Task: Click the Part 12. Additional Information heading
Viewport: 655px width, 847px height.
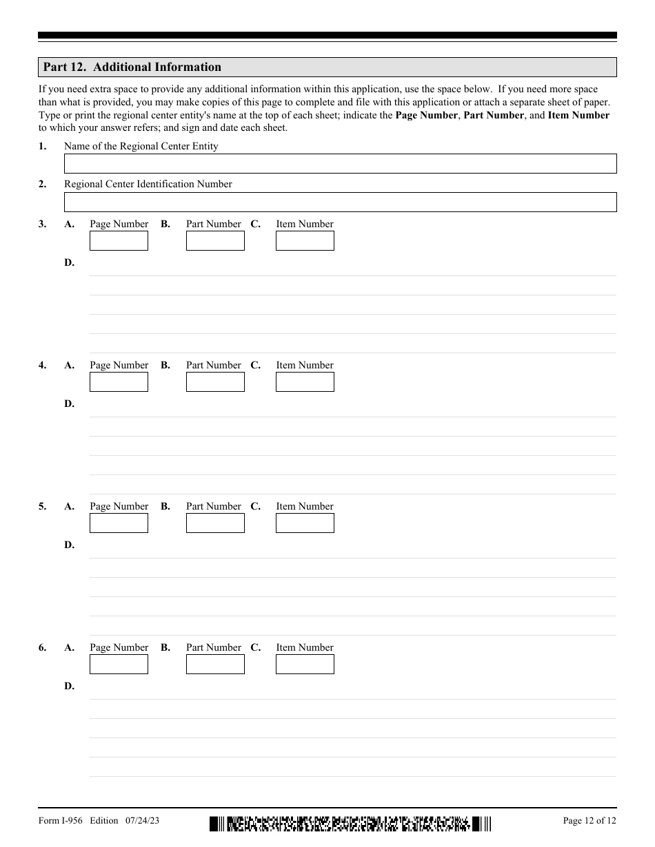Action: point(132,67)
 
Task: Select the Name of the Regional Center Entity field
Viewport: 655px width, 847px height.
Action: point(340,164)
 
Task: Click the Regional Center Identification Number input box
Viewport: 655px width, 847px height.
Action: point(340,202)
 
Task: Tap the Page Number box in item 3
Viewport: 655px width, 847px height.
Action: point(119,241)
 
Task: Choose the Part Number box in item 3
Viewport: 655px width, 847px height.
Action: point(215,241)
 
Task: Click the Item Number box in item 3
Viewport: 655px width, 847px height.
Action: point(305,241)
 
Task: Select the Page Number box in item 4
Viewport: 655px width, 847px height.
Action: point(119,382)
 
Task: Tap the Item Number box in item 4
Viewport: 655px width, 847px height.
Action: point(305,382)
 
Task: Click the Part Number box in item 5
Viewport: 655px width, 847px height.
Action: point(215,523)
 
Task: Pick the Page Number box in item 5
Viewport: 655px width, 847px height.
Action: point(119,523)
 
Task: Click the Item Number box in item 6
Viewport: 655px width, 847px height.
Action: point(305,665)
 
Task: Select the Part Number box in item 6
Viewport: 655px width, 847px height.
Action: point(215,665)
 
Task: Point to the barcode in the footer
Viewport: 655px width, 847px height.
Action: point(350,824)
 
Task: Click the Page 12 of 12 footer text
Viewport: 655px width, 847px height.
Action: point(589,820)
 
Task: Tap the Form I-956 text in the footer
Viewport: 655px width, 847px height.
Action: point(61,820)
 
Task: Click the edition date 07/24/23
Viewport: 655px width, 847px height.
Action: point(143,820)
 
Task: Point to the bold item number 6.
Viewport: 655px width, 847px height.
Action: point(42,647)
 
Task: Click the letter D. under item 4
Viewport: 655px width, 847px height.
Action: point(69,404)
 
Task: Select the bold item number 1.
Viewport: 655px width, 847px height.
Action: point(42,146)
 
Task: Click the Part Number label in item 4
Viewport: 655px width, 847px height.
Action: point(214,365)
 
